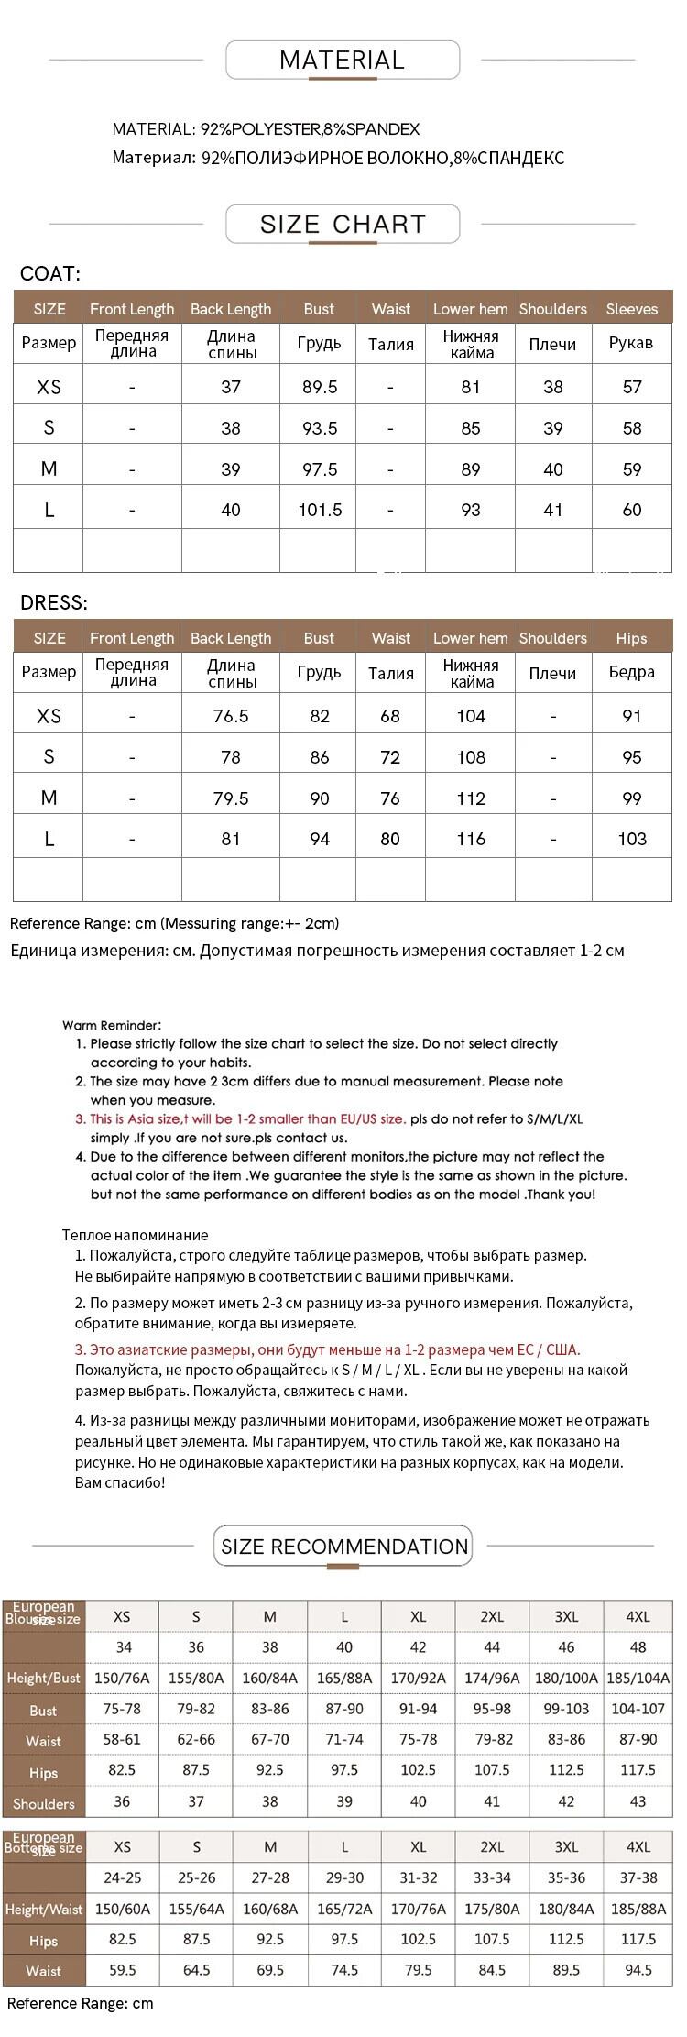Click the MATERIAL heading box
pos(342,61)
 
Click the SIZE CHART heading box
pos(343,225)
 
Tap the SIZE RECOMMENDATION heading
pos(343,1546)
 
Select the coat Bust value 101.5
pos(320,510)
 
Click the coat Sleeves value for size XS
pos(632,387)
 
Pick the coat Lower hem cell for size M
pos(471,469)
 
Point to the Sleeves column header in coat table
pos(631,309)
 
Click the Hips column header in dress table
pos(631,638)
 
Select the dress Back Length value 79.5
pos(231,798)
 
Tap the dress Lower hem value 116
pos(471,839)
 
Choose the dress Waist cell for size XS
pos(390,716)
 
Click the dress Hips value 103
pos(632,839)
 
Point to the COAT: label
pos(50,273)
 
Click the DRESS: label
pos(54,602)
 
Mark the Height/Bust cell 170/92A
pos(419,1678)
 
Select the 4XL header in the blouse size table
pos(638,1616)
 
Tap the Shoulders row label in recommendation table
pos(43,1803)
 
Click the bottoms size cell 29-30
pos(344,1877)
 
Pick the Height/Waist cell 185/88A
pos(638,1909)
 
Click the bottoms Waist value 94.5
pos(638,1969)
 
